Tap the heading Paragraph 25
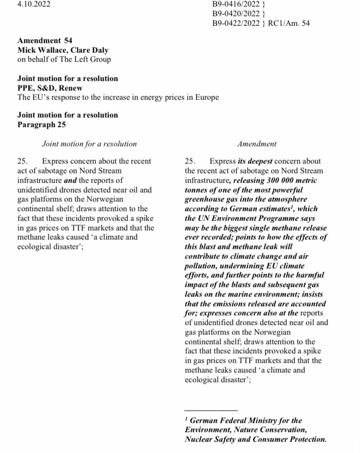(x=42, y=124)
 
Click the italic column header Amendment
(x=257, y=144)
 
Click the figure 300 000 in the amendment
(x=285, y=180)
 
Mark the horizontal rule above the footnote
(x=211, y=410)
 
